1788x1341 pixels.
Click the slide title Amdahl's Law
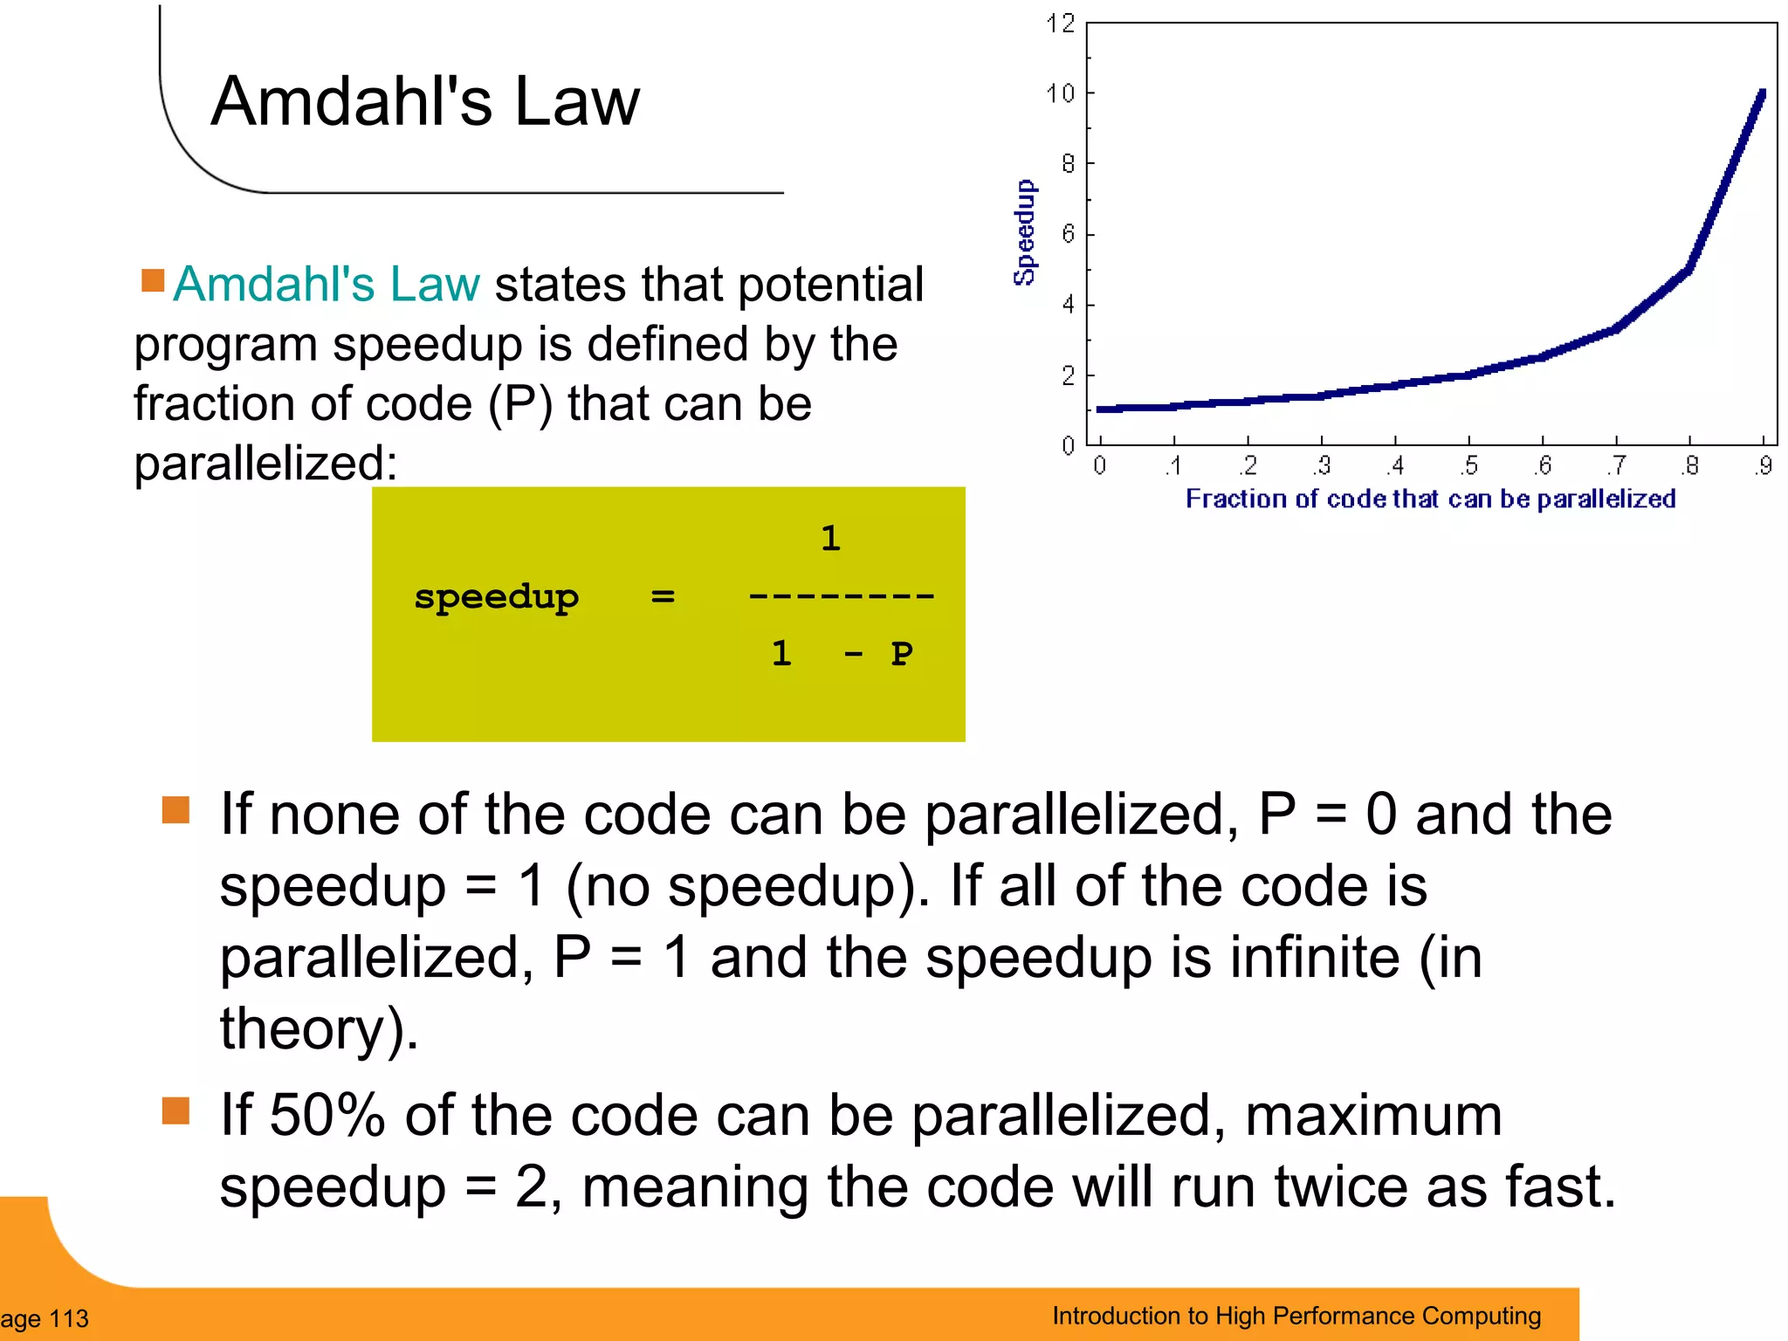[x=425, y=101]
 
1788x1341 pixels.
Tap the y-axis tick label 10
[x=1060, y=93]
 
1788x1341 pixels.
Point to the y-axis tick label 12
[x=1060, y=24]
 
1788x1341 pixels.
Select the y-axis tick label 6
[x=1068, y=234]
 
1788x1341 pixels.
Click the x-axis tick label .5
[x=1469, y=465]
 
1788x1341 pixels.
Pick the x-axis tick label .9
[x=1764, y=465]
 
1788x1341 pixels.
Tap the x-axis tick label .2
[x=1248, y=465]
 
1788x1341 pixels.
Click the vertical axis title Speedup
[x=1025, y=232]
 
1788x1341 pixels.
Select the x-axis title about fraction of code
[x=1430, y=499]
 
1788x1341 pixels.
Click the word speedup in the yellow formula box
[x=496, y=597]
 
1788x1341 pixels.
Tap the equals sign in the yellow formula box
[x=663, y=596]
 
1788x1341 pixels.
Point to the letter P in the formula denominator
[x=902, y=653]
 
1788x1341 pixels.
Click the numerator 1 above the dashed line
[x=830, y=538]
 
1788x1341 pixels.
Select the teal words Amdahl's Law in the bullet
[x=327, y=284]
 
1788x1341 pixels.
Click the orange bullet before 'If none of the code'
[x=175, y=809]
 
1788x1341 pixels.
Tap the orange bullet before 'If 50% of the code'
[x=175, y=1111]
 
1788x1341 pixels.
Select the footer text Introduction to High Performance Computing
[x=1296, y=1316]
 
